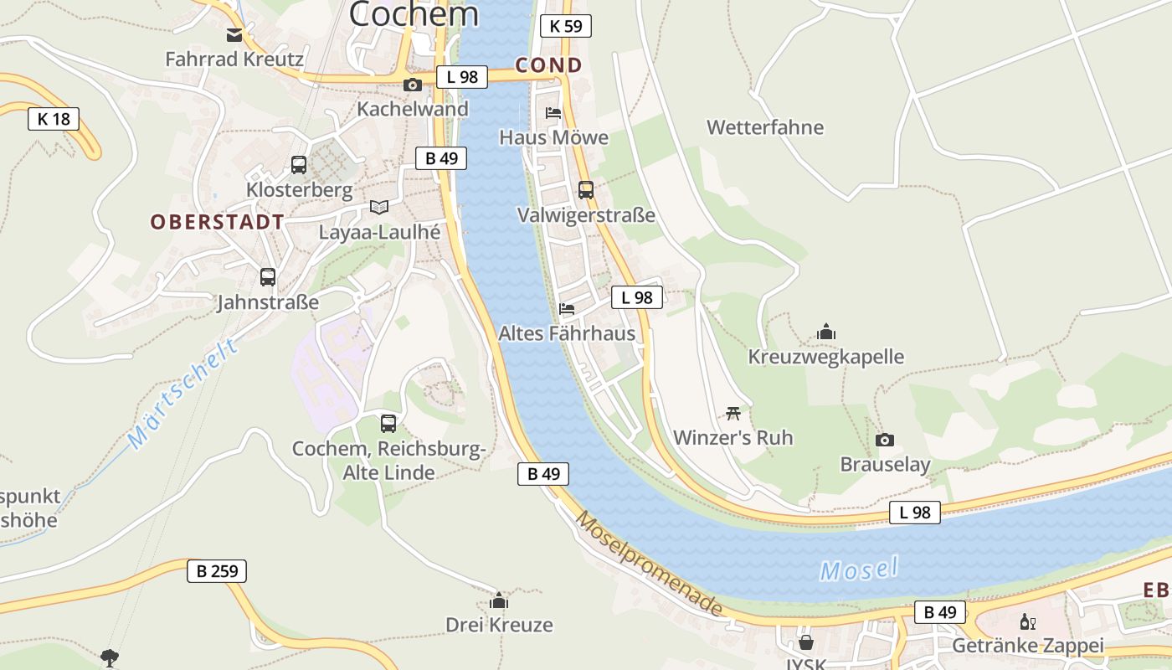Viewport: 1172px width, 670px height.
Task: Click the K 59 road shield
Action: (566, 26)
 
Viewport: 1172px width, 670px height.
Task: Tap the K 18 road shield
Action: (54, 119)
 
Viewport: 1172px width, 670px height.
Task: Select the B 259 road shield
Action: (217, 571)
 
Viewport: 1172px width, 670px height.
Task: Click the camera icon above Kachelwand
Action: (412, 85)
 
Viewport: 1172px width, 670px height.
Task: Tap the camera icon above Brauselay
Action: (884, 441)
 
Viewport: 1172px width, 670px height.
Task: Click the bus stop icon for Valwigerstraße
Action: (585, 190)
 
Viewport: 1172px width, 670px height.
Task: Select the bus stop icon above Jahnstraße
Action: (268, 277)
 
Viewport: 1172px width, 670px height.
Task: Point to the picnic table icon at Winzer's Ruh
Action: (733, 413)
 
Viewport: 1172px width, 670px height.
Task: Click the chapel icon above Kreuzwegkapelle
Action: (826, 332)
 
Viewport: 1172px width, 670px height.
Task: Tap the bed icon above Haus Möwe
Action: (553, 113)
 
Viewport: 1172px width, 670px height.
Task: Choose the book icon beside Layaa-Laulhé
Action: (379, 207)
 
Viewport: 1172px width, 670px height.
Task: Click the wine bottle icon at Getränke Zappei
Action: (1027, 621)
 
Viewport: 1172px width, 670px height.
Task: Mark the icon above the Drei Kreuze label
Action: (499, 600)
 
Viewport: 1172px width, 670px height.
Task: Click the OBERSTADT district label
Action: (218, 222)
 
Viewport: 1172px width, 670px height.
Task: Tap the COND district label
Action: (548, 65)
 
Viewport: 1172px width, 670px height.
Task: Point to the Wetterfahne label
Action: (765, 127)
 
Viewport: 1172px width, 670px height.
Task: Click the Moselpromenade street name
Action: (649, 563)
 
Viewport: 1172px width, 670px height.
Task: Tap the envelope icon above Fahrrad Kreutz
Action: (234, 35)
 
